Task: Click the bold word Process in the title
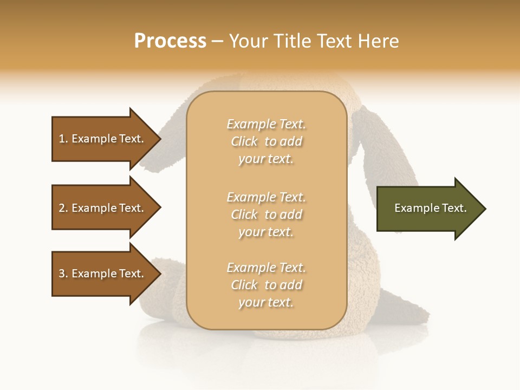coord(170,41)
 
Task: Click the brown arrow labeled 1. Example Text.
coord(103,139)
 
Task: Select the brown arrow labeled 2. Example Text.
coord(103,208)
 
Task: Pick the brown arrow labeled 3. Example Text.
coord(103,274)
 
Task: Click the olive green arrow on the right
coord(428,209)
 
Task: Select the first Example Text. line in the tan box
coord(266,124)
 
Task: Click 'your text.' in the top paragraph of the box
coord(266,159)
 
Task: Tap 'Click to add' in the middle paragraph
coord(266,214)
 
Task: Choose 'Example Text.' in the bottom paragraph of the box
coord(266,268)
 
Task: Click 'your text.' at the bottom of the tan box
coord(266,303)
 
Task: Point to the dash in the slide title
coord(217,42)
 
